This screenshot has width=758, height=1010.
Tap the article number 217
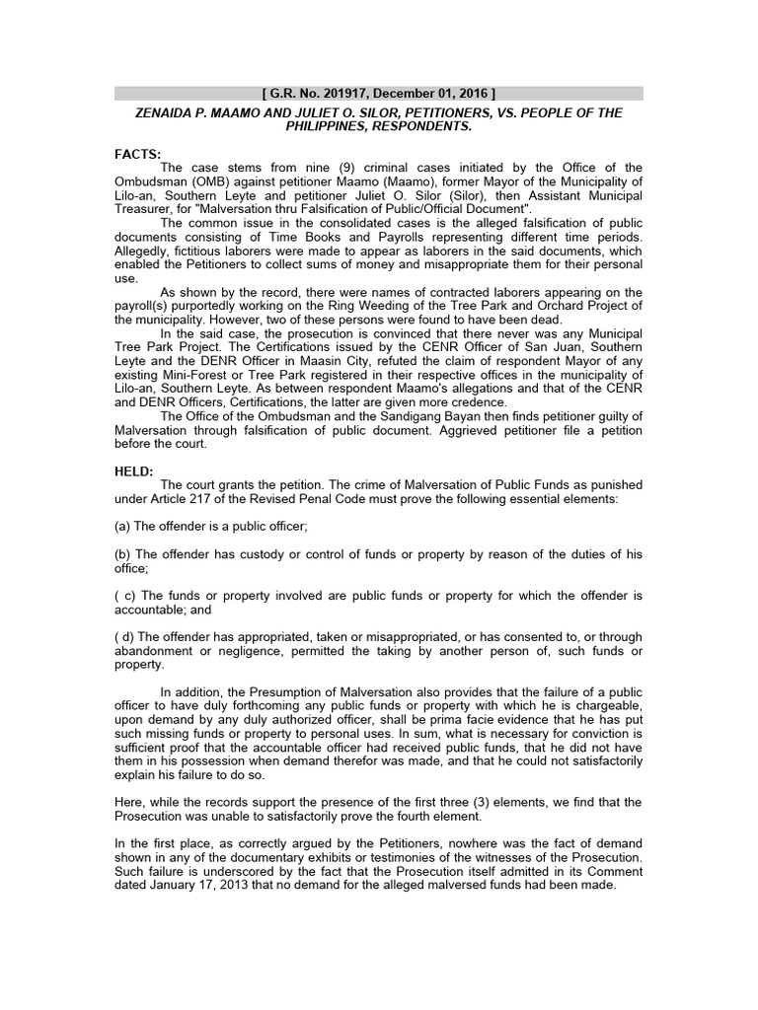(203, 499)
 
